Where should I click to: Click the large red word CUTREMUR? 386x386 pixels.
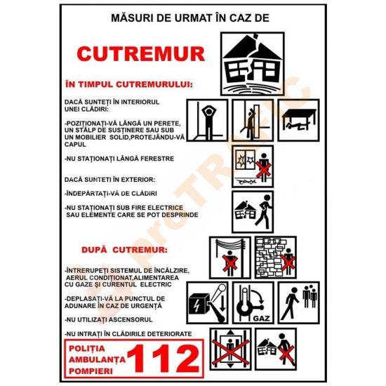click(x=141, y=53)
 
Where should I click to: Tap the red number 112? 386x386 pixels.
click(x=164, y=359)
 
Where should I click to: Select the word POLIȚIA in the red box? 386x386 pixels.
click(x=87, y=349)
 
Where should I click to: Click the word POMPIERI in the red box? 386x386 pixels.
click(x=91, y=371)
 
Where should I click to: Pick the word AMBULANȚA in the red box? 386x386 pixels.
click(x=97, y=359)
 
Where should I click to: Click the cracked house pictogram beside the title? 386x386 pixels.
click(x=253, y=64)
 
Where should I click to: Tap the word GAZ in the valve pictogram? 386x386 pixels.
click(x=262, y=319)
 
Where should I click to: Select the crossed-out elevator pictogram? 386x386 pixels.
click(x=230, y=349)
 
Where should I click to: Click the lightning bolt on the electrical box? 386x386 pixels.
click(x=197, y=306)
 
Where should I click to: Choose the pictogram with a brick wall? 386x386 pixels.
click(x=276, y=258)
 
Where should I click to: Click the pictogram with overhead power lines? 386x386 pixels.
click(x=230, y=258)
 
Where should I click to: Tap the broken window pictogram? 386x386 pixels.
click(x=253, y=166)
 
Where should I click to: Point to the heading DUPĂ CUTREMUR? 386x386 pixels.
click(x=124, y=250)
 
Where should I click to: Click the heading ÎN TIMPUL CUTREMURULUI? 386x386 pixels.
click(x=129, y=84)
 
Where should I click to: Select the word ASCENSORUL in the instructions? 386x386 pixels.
click(x=131, y=320)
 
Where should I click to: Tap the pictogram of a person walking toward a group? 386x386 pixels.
click(x=299, y=302)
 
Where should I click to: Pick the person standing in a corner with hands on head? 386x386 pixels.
click(x=207, y=121)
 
